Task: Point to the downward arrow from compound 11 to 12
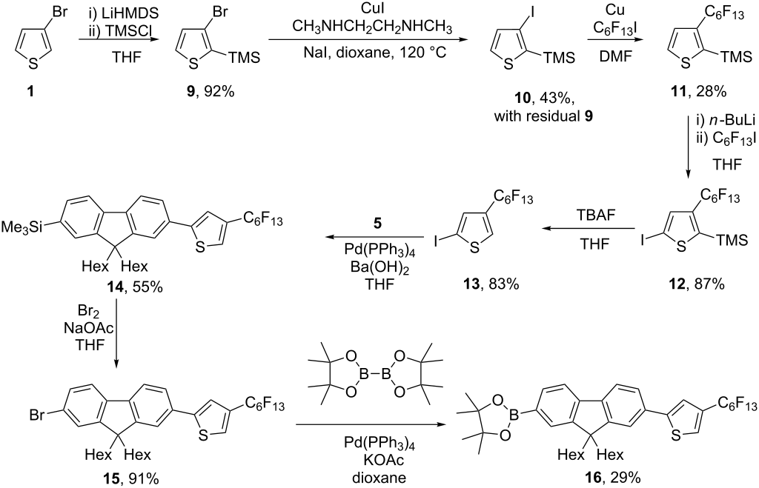tap(688, 156)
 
